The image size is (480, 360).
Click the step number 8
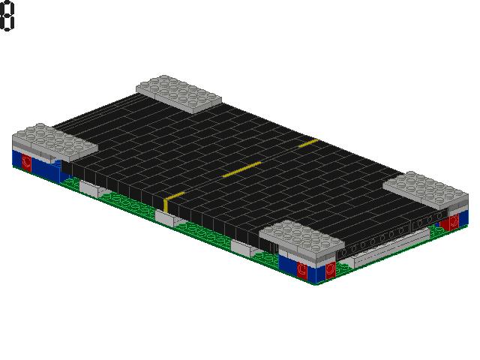pyautogui.click(x=7, y=16)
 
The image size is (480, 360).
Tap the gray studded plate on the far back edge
pyautogui.click(x=178, y=91)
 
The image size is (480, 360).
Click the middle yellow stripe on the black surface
pyautogui.click(x=241, y=169)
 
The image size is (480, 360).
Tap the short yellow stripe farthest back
pyautogui.click(x=308, y=141)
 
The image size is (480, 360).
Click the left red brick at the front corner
pyautogui.click(x=301, y=268)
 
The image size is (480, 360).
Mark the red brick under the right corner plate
pyautogui.click(x=453, y=222)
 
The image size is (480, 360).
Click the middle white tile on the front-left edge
pyautogui.click(x=165, y=218)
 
